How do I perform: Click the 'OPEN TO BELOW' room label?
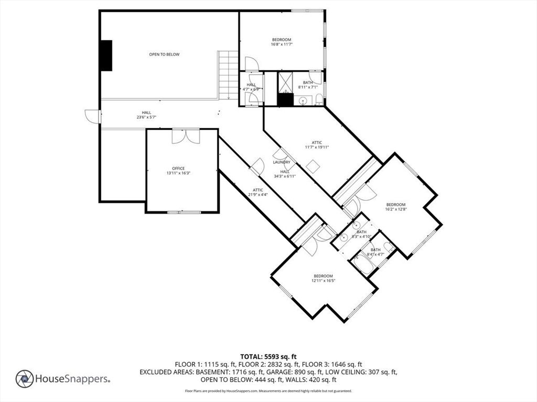point(164,54)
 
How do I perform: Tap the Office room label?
point(178,169)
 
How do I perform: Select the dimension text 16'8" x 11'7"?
point(282,44)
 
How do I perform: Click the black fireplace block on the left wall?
point(106,55)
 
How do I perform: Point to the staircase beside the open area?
point(228,75)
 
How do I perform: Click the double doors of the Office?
point(186,136)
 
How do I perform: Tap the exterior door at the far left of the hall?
point(92,116)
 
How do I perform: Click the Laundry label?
point(282,162)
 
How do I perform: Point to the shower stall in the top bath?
point(285,82)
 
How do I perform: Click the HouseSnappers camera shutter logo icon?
point(25,379)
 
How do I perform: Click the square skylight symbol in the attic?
point(313,167)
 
